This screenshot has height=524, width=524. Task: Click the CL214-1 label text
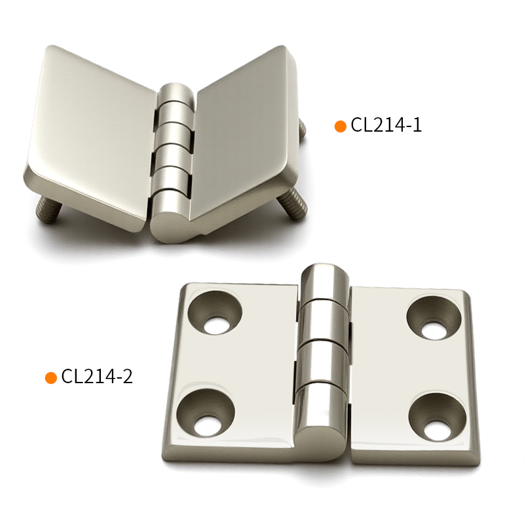click(x=386, y=125)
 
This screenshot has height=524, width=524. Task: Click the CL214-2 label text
click(x=97, y=376)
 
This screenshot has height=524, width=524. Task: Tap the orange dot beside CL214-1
click(x=340, y=126)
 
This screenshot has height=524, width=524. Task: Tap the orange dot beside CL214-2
click(x=51, y=378)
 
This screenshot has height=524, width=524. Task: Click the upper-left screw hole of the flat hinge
click(x=215, y=313)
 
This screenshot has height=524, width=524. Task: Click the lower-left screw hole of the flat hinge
click(x=206, y=413)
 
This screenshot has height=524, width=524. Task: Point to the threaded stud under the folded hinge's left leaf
click(x=48, y=210)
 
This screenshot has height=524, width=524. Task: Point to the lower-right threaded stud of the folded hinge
click(x=292, y=204)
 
